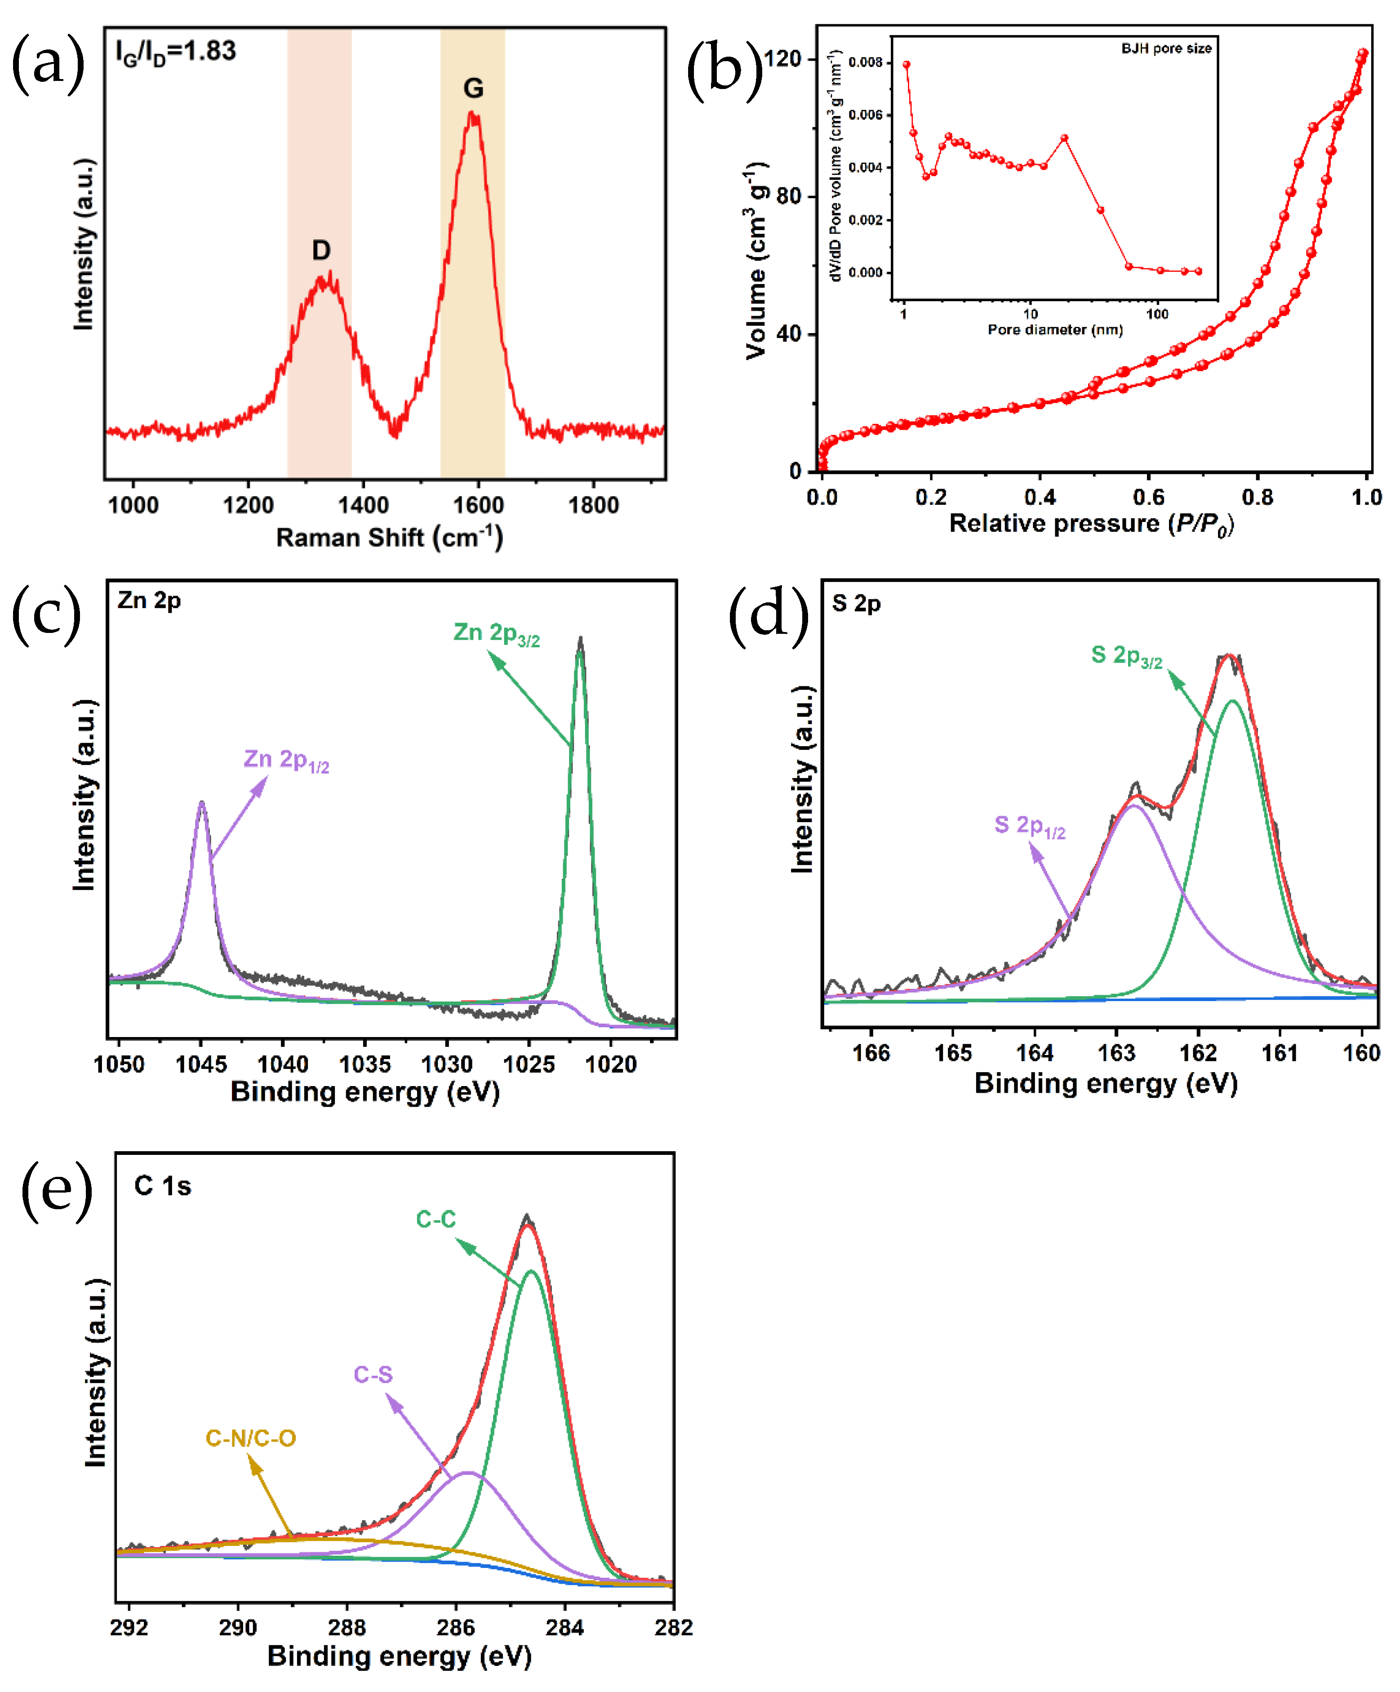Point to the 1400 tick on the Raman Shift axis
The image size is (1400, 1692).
(363, 505)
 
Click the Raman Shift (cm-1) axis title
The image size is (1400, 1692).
(389, 538)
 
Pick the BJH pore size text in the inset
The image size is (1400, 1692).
(1165, 49)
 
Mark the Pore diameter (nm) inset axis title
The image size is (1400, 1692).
(1054, 329)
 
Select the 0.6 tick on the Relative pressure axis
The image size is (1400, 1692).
(1149, 497)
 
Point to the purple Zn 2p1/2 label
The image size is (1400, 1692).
(286, 760)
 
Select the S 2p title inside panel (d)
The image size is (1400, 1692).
(855, 603)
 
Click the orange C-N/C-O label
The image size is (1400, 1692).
(250, 1438)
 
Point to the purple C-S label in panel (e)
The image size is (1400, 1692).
(373, 1375)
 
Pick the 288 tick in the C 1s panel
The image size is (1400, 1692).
(347, 1628)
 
